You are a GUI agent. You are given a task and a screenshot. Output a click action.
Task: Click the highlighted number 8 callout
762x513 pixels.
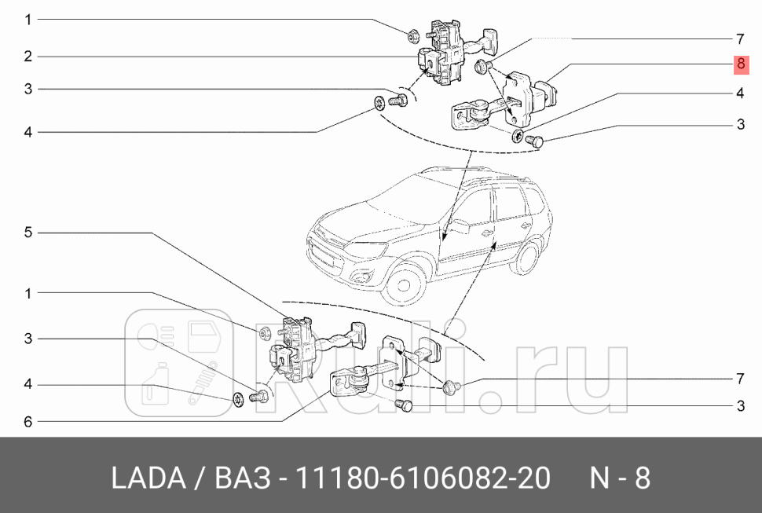pos(741,64)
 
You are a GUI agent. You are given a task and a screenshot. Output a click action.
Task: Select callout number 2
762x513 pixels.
pos(27,56)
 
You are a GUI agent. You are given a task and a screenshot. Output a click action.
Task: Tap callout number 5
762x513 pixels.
pos(27,233)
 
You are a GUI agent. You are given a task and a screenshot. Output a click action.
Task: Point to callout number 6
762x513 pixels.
pos(27,422)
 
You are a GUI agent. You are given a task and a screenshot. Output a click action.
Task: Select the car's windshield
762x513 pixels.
pos(409,196)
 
